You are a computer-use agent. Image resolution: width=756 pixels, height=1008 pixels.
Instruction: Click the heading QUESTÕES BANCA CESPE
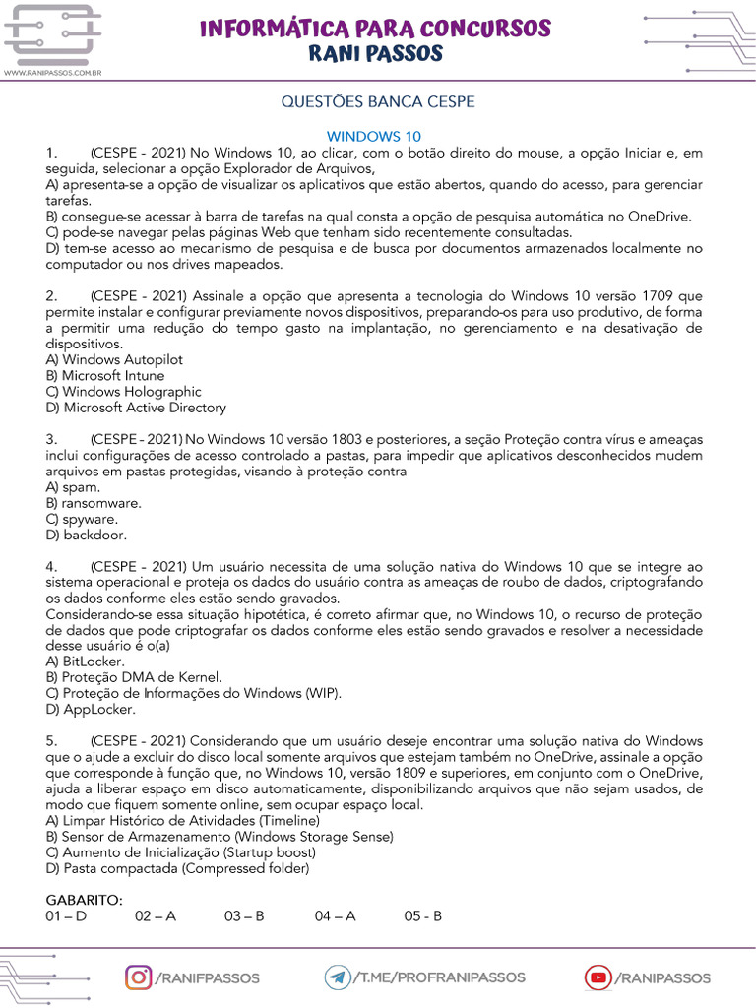(x=378, y=102)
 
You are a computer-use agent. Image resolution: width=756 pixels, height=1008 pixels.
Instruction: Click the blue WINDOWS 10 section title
(x=374, y=137)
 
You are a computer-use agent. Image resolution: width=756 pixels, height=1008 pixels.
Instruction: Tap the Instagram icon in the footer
(x=140, y=977)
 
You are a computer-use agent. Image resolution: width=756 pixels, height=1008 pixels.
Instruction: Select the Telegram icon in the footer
(x=339, y=977)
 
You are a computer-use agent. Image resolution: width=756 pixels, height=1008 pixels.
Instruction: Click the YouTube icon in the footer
(x=598, y=977)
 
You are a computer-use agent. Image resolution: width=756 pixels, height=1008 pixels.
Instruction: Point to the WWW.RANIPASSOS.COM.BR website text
(x=54, y=73)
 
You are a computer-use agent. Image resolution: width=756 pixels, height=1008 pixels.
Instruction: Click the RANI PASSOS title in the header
(x=376, y=53)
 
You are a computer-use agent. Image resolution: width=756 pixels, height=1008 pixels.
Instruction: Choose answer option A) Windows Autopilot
(x=114, y=360)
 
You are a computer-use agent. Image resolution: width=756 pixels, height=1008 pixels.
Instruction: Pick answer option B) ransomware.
(x=94, y=503)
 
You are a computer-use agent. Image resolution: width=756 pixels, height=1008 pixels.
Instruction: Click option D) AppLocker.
(x=91, y=709)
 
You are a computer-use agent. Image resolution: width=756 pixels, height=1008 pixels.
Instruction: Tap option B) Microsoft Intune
(x=105, y=376)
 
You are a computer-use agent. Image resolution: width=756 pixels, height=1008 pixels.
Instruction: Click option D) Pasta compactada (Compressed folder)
(x=177, y=868)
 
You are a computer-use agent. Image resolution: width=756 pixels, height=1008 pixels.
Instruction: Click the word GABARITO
(x=85, y=900)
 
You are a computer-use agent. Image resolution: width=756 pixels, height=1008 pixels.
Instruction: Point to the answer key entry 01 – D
(x=66, y=915)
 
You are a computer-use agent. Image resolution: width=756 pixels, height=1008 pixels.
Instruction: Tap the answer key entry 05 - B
(x=423, y=915)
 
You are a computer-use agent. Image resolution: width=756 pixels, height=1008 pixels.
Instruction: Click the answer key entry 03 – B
(x=244, y=915)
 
